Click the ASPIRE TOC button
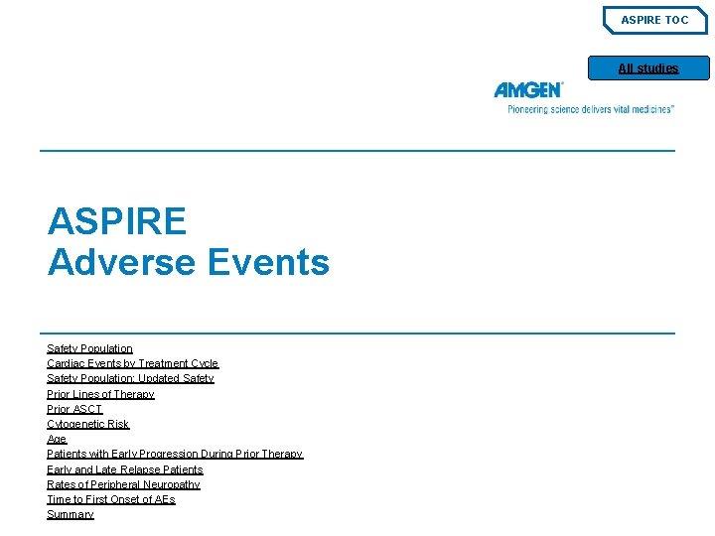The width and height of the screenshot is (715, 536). click(x=654, y=20)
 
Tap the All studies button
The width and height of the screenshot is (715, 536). click(x=648, y=68)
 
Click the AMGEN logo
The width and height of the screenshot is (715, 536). click(x=528, y=90)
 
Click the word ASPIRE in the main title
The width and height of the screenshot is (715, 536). click(x=116, y=220)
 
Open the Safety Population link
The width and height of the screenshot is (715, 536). click(x=89, y=348)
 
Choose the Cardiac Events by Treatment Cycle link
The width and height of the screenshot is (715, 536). click(x=132, y=363)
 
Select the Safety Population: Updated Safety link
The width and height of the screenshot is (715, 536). click(x=130, y=378)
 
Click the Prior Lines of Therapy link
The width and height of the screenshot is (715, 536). click(x=100, y=394)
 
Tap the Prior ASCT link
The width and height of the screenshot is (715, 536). click(x=74, y=409)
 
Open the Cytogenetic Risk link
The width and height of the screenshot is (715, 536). click(x=87, y=424)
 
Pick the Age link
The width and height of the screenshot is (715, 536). click(x=57, y=439)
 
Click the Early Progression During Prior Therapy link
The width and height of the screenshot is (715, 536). click(x=175, y=454)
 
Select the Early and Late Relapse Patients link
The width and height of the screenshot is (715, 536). click(x=124, y=469)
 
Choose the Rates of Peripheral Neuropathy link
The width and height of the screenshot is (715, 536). click(x=123, y=484)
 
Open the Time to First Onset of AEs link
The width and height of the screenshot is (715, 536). click(x=110, y=499)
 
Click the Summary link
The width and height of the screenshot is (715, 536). click(x=71, y=514)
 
